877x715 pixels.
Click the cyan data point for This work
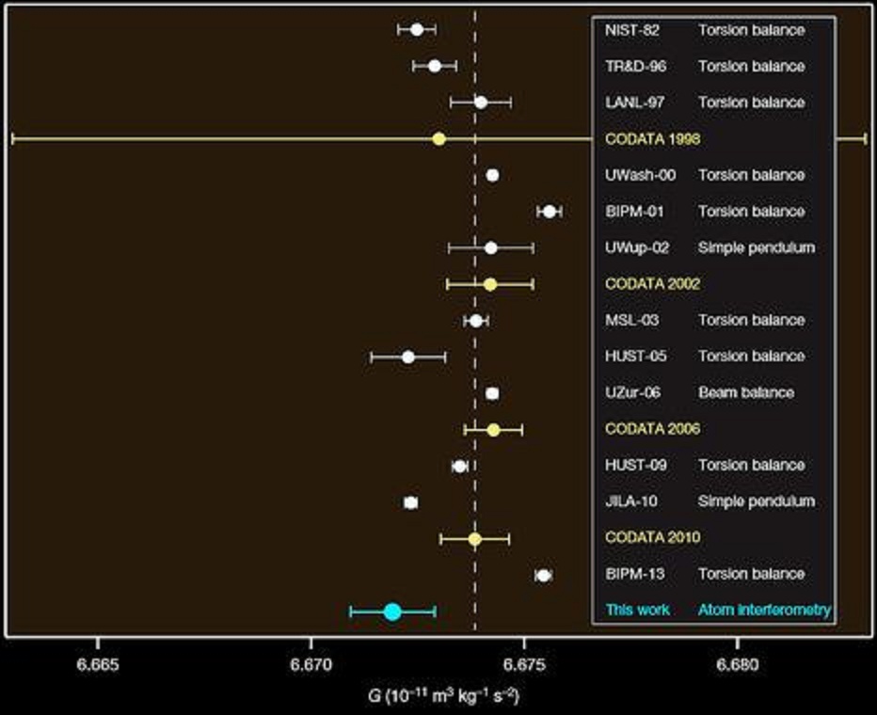pos(392,612)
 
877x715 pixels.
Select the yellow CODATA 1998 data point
pos(438,139)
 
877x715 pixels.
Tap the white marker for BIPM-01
pos(550,212)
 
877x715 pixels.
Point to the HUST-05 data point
pos(407,357)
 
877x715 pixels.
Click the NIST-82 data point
pos(417,30)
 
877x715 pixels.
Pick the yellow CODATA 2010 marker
pos(475,539)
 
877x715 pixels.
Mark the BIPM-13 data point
pos(543,575)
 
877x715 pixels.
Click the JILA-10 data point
pos(410,502)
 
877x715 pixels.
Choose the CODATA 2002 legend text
pos(652,284)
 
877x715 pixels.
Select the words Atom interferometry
pos(764,611)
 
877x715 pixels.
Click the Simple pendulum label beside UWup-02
pos(756,247)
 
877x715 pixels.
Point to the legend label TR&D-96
pos(633,67)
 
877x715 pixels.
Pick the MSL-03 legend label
pos(631,320)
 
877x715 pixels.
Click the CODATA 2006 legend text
pos(652,429)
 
